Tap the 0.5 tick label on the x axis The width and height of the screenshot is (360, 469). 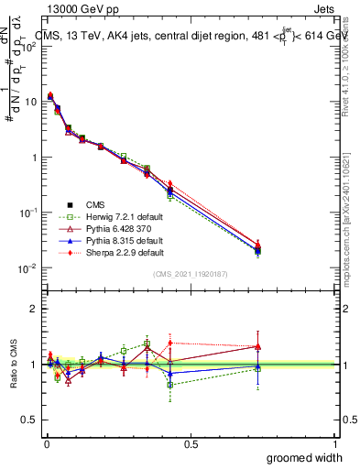(191, 444)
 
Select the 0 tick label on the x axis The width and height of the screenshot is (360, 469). (46, 444)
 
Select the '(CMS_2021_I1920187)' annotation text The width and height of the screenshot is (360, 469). (191, 274)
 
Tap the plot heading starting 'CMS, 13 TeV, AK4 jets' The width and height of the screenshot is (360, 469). (183, 36)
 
